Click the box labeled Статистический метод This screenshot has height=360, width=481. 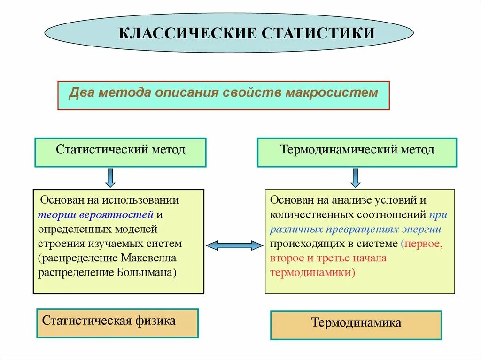(120, 152)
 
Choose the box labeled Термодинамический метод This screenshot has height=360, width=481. (357, 152)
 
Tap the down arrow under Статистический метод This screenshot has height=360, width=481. (110, 177)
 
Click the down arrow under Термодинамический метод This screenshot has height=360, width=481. (356, 177)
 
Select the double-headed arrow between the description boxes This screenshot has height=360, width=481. (234, 245)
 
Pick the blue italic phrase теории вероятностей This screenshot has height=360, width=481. (96, 215)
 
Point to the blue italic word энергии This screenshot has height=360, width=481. (421, 230)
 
